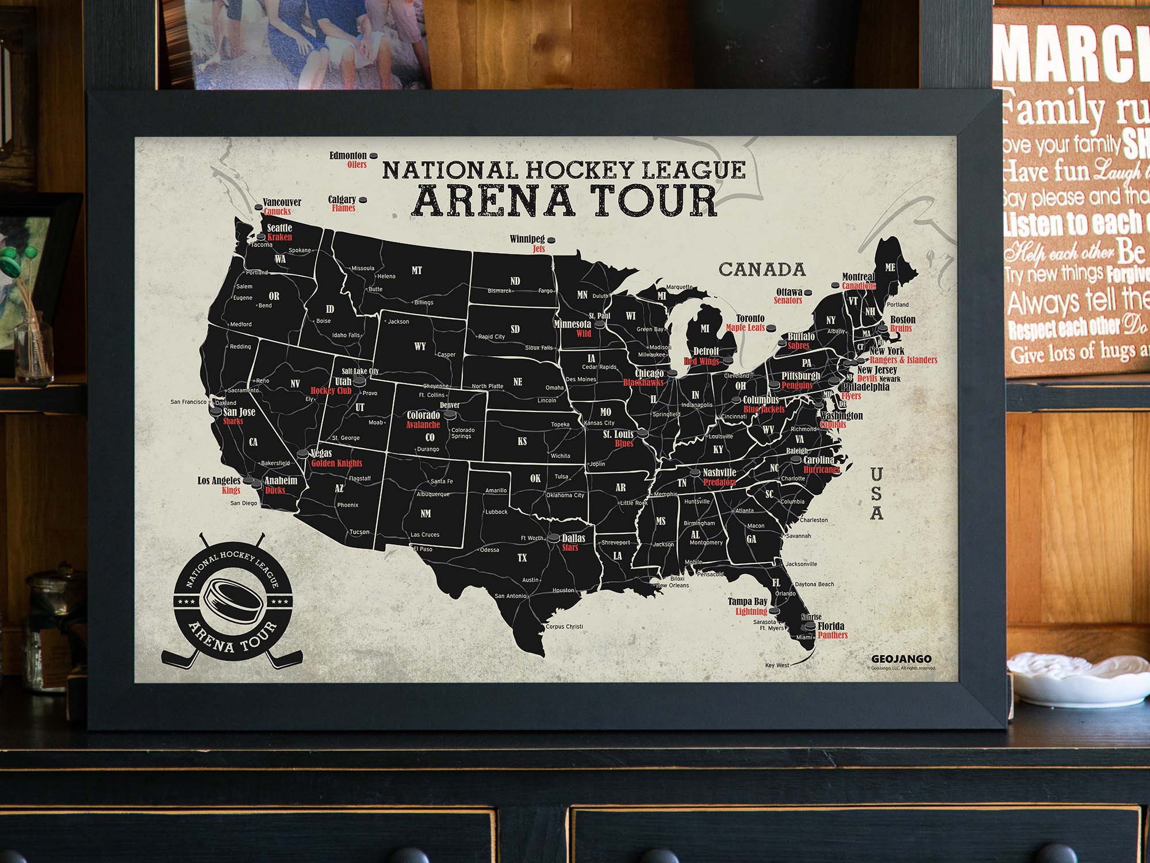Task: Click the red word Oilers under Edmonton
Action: [356, 165]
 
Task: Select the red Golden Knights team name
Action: [336, 463]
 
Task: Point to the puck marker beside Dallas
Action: [553, 539]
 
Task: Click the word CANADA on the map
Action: [762, 269]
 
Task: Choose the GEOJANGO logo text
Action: [901, 659]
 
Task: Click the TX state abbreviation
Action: [522, 557]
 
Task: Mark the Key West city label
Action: [777, 665]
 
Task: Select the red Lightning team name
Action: [751, 612]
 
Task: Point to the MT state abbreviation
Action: [417, 270]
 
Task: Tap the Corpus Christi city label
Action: [564, 627]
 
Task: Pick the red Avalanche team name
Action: [423, 425]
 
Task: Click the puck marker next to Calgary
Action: [363, 200]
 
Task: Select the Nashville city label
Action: [719, 473]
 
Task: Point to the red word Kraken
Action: [279, 237]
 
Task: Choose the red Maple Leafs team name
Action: [745, 327]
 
